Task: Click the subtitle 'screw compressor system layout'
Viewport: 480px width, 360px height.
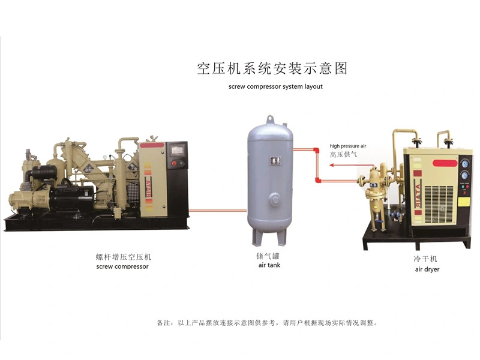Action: [x=275, y=86]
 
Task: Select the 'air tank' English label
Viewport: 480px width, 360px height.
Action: [x=269, y=265]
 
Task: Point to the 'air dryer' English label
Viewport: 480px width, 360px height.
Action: [x=427, y=269]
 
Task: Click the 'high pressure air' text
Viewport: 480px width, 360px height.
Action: [x=347, y=146]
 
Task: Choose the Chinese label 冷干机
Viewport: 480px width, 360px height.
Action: [x=427, y=259]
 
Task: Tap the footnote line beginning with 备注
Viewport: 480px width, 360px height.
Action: [x=268, y=323]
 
